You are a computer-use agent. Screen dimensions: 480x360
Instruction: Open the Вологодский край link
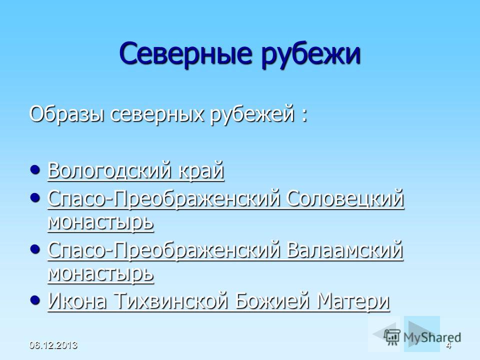pyautogui.click(x=136, y=170)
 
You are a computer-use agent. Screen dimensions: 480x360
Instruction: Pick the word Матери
pyautogui.click(x=353, y=301)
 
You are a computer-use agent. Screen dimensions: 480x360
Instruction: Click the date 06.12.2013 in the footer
pyautogui.click(x=53, y=345)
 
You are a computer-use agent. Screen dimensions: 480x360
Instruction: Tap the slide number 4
pyautogui.click(x=448, y=346)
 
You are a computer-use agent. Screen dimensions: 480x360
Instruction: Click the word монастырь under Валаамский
pyautogui.click(x=100, y=273)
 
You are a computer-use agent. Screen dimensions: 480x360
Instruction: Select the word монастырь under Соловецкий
pyautogui.click(x=100, y=222)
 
